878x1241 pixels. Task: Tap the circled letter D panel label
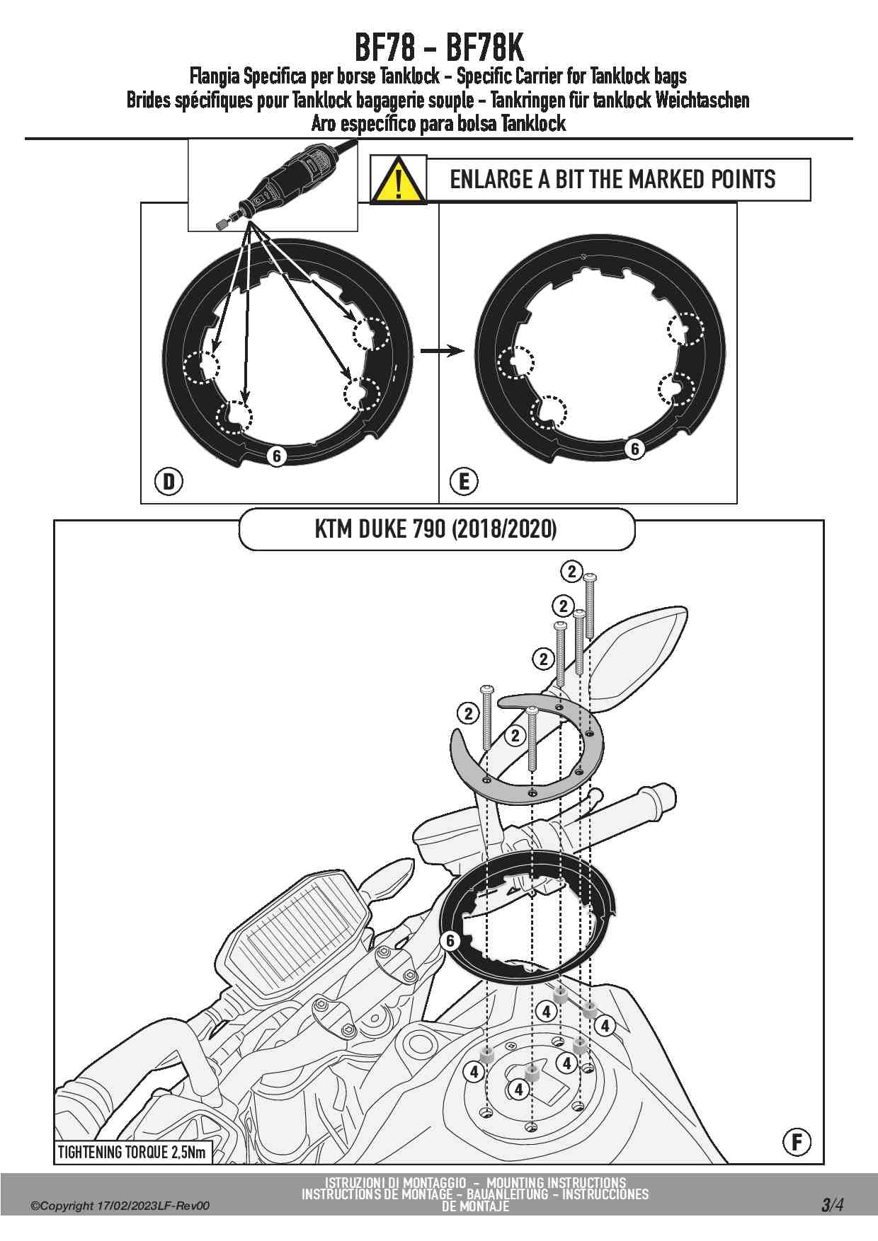coord(169,482)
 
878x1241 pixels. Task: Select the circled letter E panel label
coord(464,482)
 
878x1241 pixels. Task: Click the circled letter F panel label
coord(797,1141)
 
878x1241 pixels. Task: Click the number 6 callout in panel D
coord(277,456)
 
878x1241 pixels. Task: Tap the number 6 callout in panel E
coord(634,449)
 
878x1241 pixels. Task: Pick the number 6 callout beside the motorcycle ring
coord(450,940)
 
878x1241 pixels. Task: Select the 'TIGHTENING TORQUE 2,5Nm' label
coord(132,1152)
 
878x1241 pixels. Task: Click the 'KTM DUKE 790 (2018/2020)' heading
coord(436,529)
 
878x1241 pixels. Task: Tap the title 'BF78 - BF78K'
coord(439,48)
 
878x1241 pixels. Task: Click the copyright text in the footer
coord(120,1206)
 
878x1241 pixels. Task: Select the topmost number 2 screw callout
coord(571,571)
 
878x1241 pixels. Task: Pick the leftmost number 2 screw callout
coord(468,713)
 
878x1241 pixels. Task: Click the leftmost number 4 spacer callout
coord(474,1072)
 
